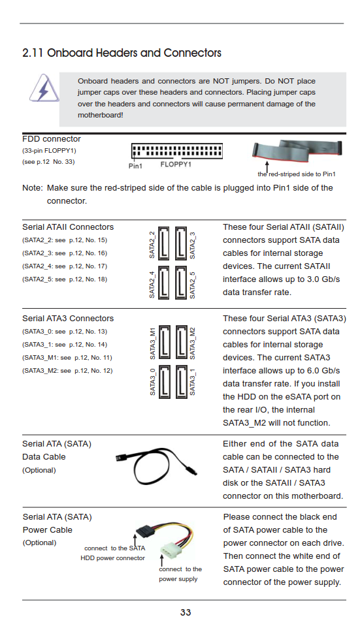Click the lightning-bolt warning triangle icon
[44, 88]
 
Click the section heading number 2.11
[33, 53]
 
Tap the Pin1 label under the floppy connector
[135, 166]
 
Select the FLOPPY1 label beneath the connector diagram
[176, 165]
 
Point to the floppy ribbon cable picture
[297, 150]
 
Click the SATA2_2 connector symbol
[164, 243]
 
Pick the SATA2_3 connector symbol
[181, 243]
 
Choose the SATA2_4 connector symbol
[164, 283]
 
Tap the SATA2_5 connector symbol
[181, 283]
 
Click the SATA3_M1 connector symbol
[165, 342]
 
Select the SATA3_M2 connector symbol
[182, 342]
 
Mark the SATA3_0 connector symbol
[165, 382]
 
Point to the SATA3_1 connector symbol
[182, 382]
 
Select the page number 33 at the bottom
[186, 612]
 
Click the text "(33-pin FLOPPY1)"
[49, 151]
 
